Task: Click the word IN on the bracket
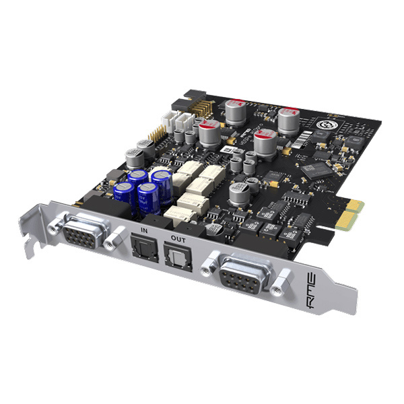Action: (143, 232)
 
